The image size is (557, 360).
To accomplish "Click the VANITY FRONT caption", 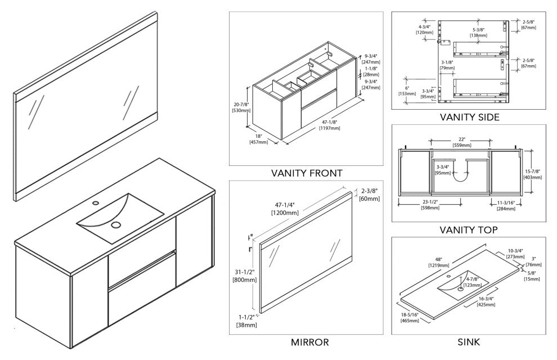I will (306, 173).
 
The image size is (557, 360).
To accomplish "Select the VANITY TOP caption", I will (470, 230).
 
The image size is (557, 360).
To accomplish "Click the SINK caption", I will (469, 342).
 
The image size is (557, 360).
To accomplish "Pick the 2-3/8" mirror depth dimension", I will (370, 191).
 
